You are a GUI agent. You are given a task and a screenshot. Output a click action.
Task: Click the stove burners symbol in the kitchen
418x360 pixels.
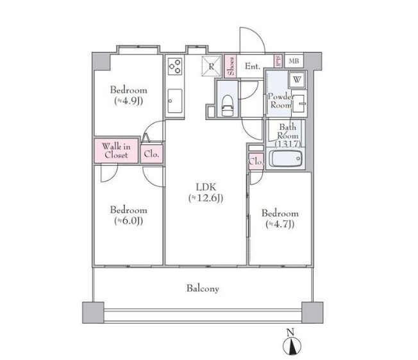pyautogui.click(x=175, y=67)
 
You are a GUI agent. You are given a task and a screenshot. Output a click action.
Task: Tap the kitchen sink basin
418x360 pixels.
pyautogui.click(x=175, y=101)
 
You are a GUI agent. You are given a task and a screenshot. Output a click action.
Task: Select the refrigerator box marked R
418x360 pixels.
pyautogui.click(x=212, y=67)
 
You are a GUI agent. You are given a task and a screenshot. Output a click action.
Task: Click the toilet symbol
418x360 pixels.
pyautogui.click(x=228, y=106)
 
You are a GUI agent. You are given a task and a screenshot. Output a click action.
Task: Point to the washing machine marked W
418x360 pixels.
pyautogui.click(x=297, y=79)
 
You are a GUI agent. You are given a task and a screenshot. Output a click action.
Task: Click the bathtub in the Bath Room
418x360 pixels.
pyautogui.click(x=285, y=159)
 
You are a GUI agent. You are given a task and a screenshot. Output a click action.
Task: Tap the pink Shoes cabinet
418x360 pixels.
pyautogui.click(x=231, y=66)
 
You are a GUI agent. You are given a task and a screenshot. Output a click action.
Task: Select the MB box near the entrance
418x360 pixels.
pyautogui.click(x=294, y=61)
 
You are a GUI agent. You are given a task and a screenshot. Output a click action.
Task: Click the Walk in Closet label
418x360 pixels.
pyautogui.click(x=116, y=151)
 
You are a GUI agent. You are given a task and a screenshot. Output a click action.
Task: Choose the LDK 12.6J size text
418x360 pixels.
pyautogui.click(x=206, y=198)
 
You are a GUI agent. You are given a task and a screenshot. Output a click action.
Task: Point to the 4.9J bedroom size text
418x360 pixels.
pyautogui.click(x=128, y=101)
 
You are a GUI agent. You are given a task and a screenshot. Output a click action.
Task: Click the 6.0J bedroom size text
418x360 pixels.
pyautogui.click(x=128, y=221)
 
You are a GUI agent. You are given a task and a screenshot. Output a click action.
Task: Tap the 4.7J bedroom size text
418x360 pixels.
pyautogui.click(x=280, y=224)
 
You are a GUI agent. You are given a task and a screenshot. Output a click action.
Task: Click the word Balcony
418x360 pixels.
pyautogui.click(x=203, y=289)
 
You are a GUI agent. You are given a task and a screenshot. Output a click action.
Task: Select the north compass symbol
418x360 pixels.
pyautogui.click(x=292, y=345)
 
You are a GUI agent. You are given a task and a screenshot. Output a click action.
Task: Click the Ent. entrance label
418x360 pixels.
pyautogui.click(x=253, y=66)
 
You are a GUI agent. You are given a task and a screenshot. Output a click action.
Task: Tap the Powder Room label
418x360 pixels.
pyautogui.click(x=281, y=101)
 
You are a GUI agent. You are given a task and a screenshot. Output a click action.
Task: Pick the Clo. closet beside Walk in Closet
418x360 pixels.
pyautogui.click(x=151, y=154)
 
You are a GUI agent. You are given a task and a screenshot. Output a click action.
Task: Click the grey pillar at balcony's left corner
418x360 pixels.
pyautogui.click(x=93, y=313)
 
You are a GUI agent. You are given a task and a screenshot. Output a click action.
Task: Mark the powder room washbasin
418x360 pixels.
pyautogui.click(x=299, y=104)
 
